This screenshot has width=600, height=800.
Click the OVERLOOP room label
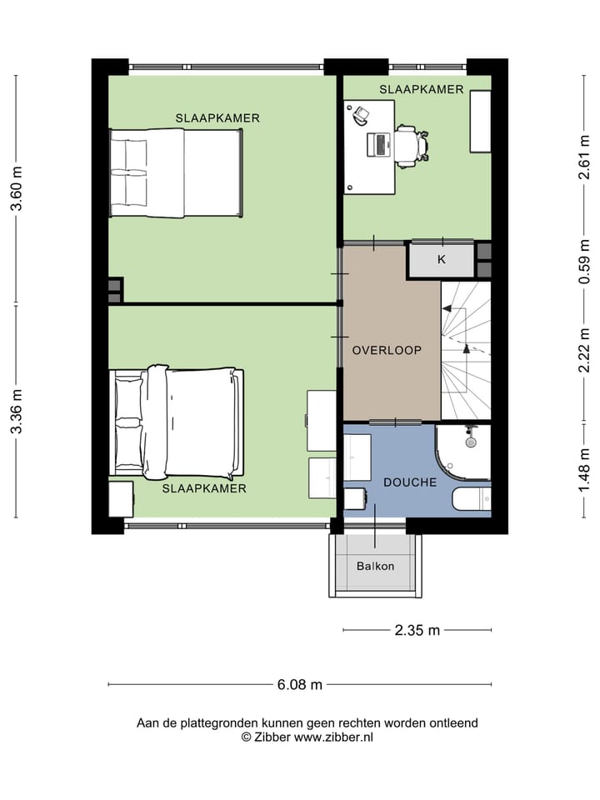coord(387,351)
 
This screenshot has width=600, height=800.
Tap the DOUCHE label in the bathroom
coord(410,482)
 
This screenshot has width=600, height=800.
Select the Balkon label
coord(376,566)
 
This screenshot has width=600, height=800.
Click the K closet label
coord(442,259)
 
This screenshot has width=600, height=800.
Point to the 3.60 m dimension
coord(17,189)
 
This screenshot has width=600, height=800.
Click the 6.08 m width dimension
coord(300,684)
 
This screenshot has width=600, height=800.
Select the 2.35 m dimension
coord(417,630)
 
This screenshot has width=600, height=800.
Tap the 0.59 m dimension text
coord(584,262)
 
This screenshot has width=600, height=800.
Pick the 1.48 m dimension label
coord(584,470)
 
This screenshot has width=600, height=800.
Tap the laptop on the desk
coord(378,144)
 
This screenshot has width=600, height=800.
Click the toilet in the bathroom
coord(472,498)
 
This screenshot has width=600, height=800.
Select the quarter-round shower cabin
coord(463,452)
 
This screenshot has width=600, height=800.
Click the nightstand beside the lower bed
coord(121,499)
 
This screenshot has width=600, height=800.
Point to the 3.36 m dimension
coord(17,411)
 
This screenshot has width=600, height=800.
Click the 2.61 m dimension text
coord(584,157)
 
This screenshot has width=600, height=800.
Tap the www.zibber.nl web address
coord(333,737)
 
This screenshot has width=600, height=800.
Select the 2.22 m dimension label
coord(584,350)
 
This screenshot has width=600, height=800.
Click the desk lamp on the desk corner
coord(360,115)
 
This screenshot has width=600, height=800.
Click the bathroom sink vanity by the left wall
coord(357,457)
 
